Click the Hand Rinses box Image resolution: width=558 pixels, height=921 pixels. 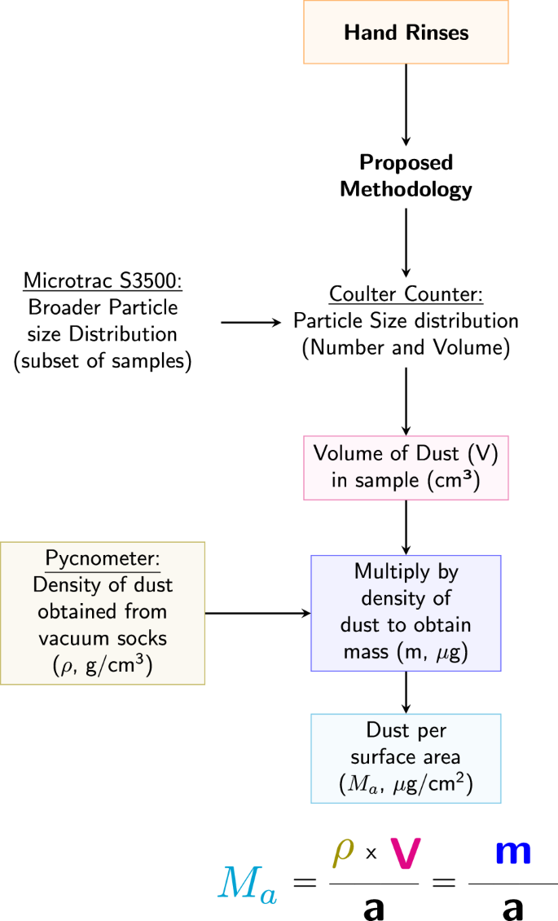[x=406, y=33]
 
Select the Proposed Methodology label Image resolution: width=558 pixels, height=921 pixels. [x=406, y=175]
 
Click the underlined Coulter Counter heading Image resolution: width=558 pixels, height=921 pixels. [x=406, y=293]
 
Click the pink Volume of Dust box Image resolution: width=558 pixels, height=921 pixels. [x=406, y=468]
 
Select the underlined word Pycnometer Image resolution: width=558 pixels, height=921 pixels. [x=103, y=560]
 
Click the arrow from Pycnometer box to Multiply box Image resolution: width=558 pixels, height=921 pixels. [x=257, y=613]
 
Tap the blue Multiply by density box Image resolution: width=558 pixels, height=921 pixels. [x=406, y=612]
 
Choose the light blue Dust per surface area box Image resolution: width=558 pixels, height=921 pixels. [x=406, y=758]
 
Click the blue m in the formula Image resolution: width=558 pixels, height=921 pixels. [x=513, y=853]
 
